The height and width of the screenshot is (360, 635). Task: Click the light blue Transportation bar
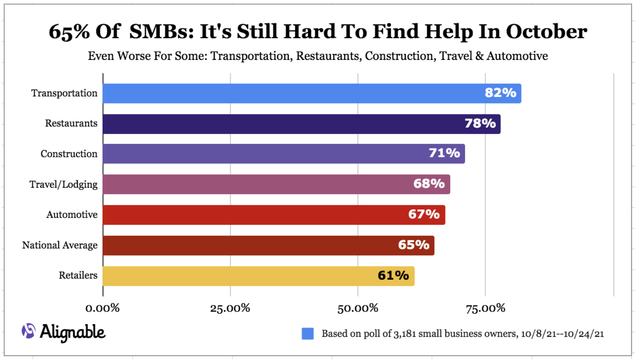coord(312,93)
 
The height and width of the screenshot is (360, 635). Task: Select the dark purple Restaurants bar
coord(301,124)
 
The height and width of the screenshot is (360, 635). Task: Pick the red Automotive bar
coord(274,215)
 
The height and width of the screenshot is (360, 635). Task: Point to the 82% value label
coord(500,93)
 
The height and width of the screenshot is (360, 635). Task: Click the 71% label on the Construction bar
coord(444,153)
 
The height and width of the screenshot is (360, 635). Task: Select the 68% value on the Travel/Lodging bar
coord(429,184)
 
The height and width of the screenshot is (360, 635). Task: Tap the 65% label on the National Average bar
coord(414,245)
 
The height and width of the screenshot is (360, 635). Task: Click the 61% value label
coord(393,276)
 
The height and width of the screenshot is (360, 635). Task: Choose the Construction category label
coord(69,154)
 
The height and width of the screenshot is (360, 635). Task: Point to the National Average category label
coord(60,246)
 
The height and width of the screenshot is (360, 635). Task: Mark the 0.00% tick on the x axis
coord(103,308)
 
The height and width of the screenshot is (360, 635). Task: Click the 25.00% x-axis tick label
coord(230,308)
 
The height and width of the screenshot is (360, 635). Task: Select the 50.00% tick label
coord(358,308)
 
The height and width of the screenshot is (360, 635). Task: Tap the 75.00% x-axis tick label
coord(485,308)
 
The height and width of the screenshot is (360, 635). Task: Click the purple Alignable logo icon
coord(28,332)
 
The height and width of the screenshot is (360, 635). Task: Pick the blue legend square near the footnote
coord(307,334)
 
